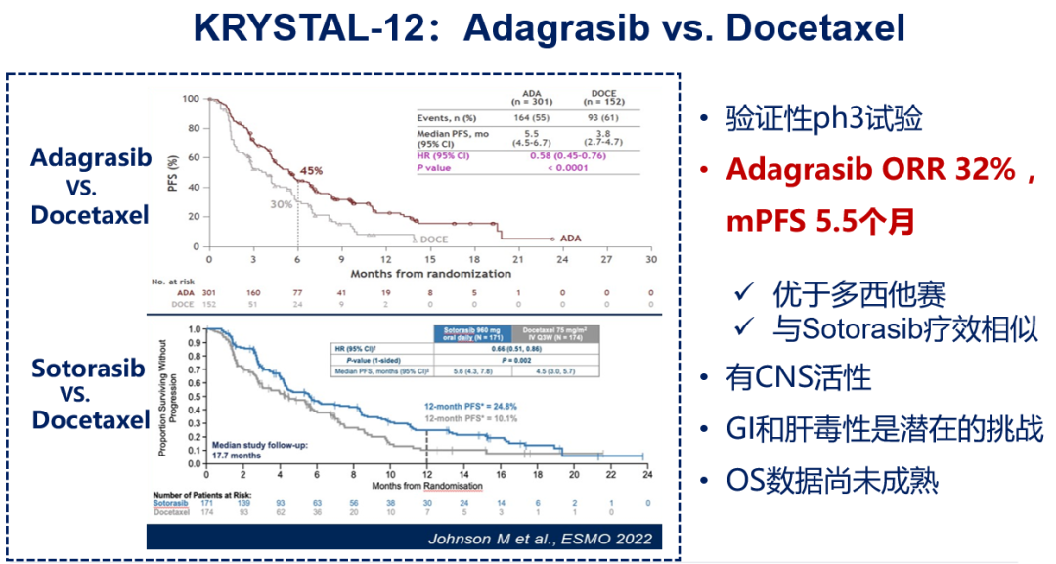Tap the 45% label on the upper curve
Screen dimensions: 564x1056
pyautogui.click(x=312, y=171)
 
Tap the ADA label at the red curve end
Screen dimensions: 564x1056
pyautogui.click(x=569, y=239)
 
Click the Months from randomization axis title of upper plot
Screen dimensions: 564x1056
pyautogui.click(x=430, y=274)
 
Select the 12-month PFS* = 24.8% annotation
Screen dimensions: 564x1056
pyautogui.click(x=469, y=405)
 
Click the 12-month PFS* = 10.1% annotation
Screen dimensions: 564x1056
pyautogui.click(x=469, y=418)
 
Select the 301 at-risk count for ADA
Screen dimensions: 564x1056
pyautogui.click(x=209, y=291)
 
